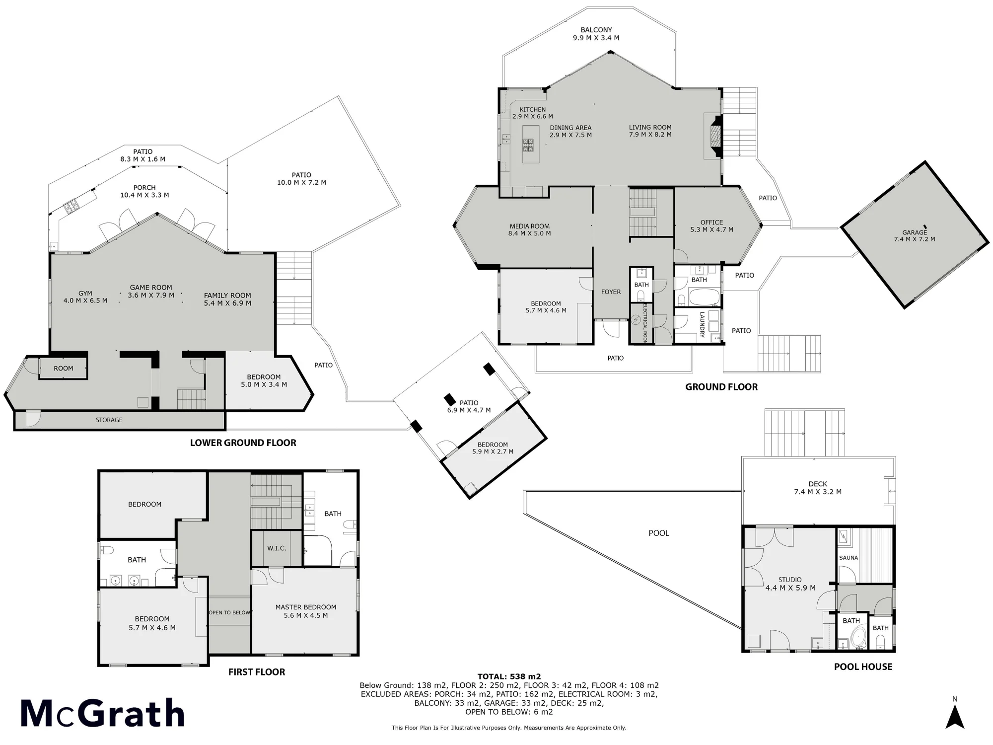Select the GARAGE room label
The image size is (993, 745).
(x=915, y=232)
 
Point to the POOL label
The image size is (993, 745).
(x=659, y=533)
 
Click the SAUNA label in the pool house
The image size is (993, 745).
(x=849, y=558)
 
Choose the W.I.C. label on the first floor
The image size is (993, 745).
(x=277, y=548)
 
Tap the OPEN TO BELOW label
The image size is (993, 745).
(x=229, y=612)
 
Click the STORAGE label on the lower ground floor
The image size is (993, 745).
(x=109, y=420)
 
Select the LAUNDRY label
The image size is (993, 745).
(x=702, y=325)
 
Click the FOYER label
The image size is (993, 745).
(x=611, y=292)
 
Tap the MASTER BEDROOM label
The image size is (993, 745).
(x=306, y=607)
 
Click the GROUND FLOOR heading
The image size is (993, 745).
(x=721, y=387)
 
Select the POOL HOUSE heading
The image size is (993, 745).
(x=863, y=667)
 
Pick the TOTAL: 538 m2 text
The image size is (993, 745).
(x=509, y=676)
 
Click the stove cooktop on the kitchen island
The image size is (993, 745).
(x=527, y=146)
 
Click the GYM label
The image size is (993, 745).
(x=85, y=293)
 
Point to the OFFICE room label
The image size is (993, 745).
(x=711, y=222)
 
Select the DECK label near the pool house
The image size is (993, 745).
(x=818, y=484)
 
